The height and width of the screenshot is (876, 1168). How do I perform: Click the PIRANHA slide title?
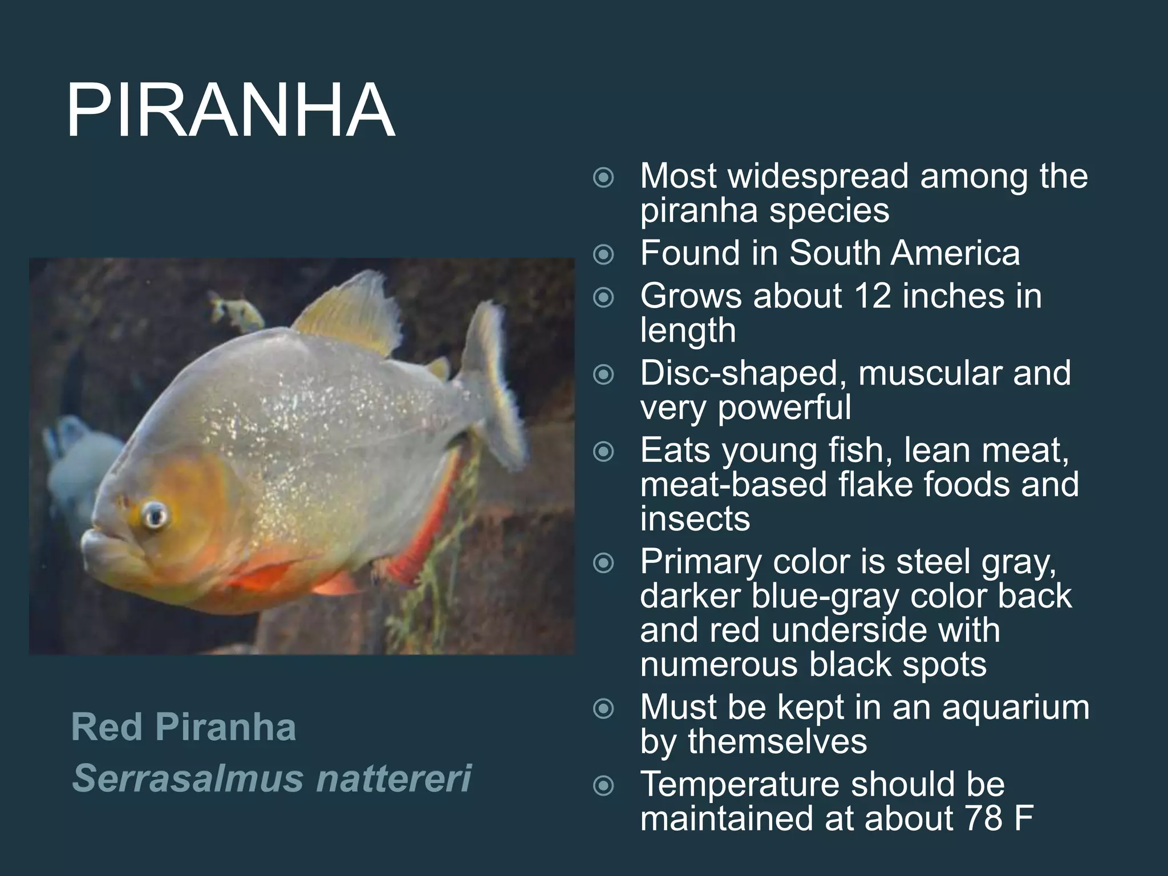pos(230,110)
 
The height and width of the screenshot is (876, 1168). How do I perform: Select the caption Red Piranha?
pos(184,727)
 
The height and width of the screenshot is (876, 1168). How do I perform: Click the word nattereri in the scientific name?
pos(394,778)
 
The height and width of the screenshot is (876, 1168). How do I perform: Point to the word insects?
pos(695,518)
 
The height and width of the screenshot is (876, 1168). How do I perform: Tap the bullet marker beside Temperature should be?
pos(603,786)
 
